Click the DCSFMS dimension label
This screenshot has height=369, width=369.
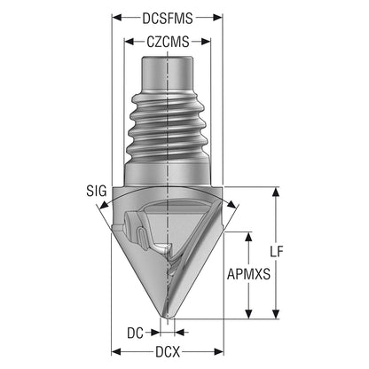[x=168, y=19]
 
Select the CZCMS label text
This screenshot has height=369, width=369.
[x=168, y=42]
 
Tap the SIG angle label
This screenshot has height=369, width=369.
[x=97, y=191]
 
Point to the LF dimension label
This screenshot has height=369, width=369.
[x=277, y=252]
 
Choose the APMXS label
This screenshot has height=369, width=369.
[x=248, y=274]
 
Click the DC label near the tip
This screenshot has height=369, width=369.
[x=135, y=334]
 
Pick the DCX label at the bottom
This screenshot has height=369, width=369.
[x=168, y=352]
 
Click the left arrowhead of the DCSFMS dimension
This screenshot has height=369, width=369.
[x=117, y=18]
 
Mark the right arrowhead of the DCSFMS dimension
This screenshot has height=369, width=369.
[x=218, y=18]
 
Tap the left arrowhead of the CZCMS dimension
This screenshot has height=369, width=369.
[x=130, y=42]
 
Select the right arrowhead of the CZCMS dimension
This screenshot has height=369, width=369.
[x=206, y=42]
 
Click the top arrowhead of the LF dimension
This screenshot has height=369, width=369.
[x=276, y=192]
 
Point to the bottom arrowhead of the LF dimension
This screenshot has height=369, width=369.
[x=276, y=314]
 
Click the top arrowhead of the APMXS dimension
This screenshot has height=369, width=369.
[x=249, y=237]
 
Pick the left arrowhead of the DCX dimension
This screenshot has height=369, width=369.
[x=117, y=352]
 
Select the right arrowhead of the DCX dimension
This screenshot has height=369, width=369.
[x=219, y=352]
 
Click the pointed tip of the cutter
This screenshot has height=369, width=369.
[x=168, y=318]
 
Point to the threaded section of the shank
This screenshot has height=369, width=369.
[x=167, y=128]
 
